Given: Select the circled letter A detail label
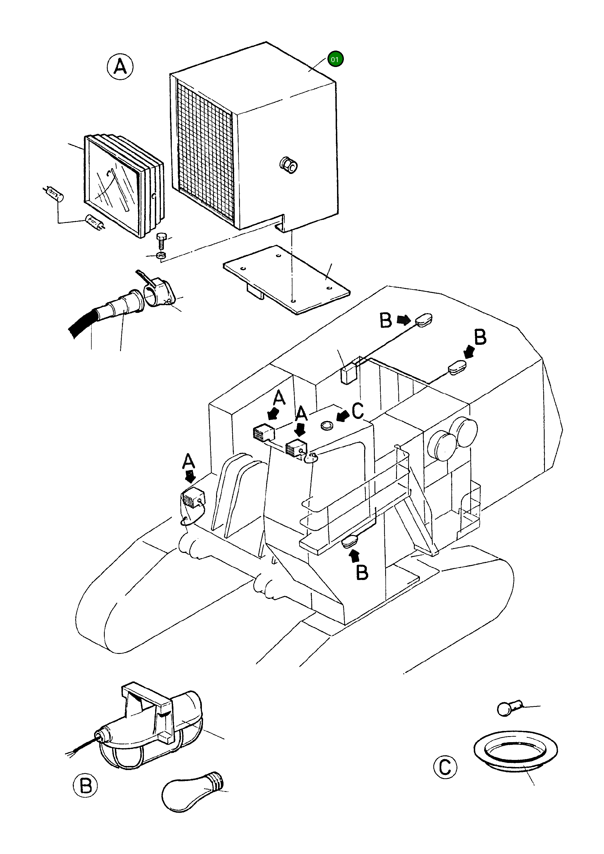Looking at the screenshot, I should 120,67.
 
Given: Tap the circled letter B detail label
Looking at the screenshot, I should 86,786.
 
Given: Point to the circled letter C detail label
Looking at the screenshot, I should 445,767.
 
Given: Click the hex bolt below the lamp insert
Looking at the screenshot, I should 161,240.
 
